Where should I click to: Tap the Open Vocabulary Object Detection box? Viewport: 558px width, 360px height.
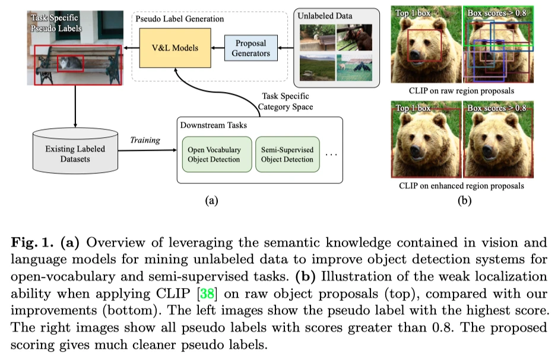coord(216,154)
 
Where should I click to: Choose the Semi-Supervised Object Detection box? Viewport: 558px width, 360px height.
coord(287,154)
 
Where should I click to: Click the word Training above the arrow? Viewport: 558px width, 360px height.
coord(145,140)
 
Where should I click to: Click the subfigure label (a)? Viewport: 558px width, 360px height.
coord(211,200)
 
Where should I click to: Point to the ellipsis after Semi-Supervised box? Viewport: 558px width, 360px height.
coord(331,155)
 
